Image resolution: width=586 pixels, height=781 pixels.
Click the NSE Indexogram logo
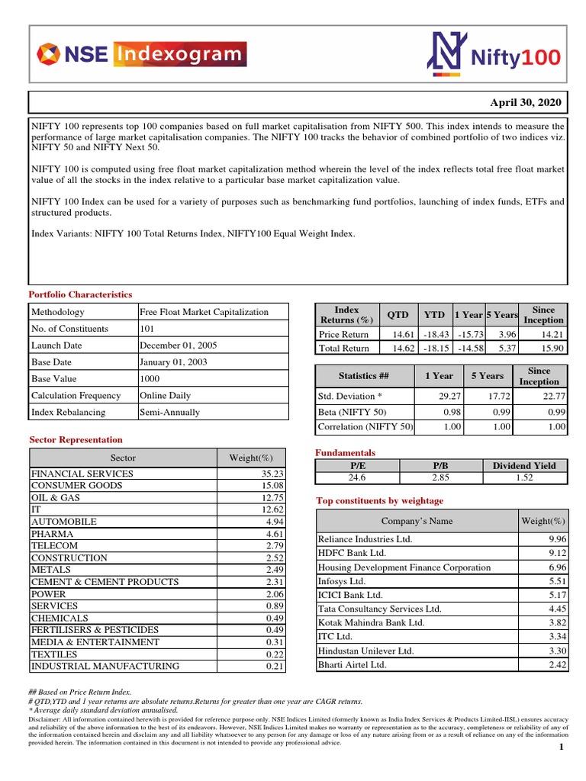click(141, 54)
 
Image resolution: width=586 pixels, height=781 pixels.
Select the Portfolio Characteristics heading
click(80, 294)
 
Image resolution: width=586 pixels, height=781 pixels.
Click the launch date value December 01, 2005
click(178, 346)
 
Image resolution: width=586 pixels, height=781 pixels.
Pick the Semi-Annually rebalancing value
click(169, 413)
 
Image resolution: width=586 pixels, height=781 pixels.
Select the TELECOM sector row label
click(54, 546)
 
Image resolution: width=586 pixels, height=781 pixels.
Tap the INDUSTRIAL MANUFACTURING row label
click(105, 666)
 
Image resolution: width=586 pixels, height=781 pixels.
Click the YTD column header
click(434, 315)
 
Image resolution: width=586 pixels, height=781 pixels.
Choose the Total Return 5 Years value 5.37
click(507, 349)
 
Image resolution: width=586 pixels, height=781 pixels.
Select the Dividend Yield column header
click(524, 465)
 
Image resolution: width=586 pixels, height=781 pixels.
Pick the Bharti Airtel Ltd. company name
click(352, 664)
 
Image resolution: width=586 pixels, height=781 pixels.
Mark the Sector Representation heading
click(76, 440)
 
